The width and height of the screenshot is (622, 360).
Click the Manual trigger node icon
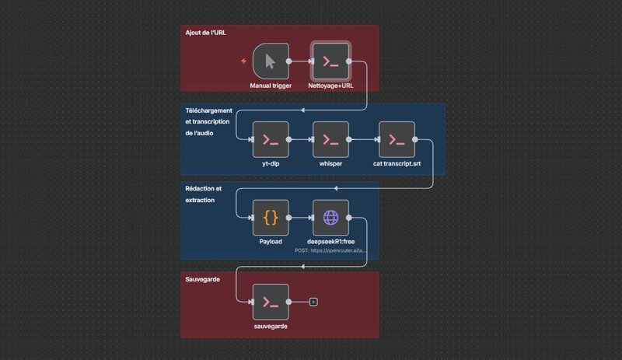point(270,61)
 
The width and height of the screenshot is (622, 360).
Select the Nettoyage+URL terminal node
point(330,61)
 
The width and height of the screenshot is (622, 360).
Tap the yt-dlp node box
point(270,140)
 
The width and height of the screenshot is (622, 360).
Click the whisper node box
point(330,140)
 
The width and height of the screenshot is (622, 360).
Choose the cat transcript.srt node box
point(397,140)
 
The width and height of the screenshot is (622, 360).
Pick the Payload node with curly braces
point(270,218)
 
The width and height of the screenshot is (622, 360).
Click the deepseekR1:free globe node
point(330,218)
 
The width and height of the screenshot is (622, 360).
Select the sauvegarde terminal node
point(270,302)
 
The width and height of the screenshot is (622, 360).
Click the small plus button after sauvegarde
point(313,302)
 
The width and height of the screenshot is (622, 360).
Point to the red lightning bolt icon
point(245,61)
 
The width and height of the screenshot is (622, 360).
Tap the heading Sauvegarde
point(202,279)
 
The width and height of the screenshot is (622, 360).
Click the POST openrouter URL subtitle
point(330,251)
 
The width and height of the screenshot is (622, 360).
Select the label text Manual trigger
point(271,86)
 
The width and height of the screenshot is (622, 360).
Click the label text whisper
point(330,164)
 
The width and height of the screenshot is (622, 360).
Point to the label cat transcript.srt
point(397,164)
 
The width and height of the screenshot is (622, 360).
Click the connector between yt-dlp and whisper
point(300,140)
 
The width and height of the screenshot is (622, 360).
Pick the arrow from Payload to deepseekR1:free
point(300,218)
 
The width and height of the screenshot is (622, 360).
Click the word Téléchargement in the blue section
point(208,111)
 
